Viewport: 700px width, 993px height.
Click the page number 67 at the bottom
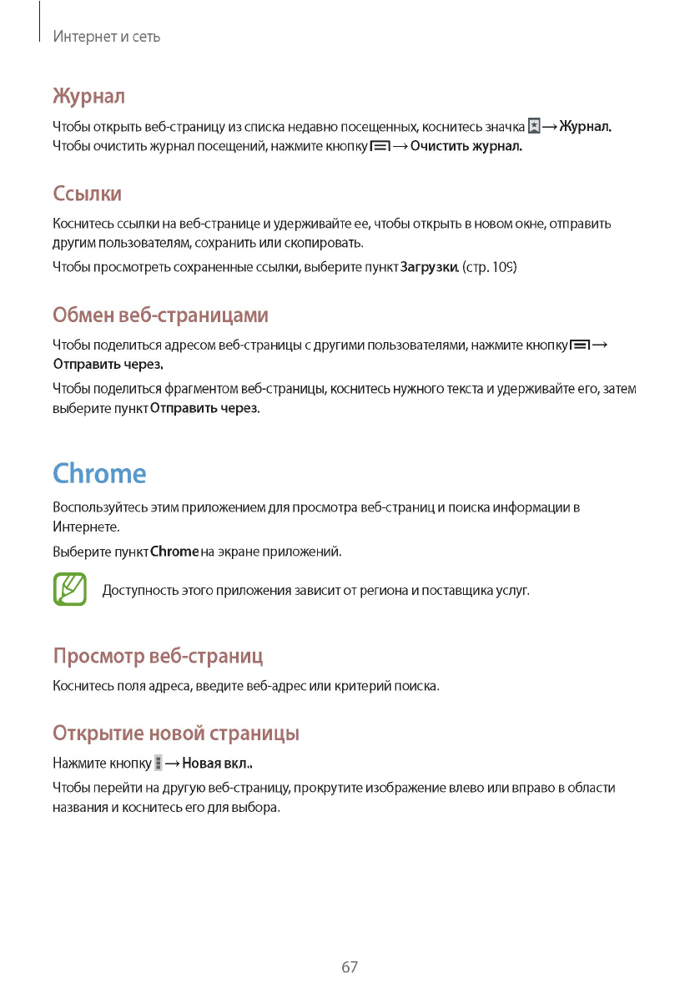click(350, 967)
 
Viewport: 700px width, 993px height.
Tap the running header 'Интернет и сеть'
click(106, 37)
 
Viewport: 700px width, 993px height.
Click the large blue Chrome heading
click(99, 473)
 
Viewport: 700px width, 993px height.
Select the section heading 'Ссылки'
click(88, 194)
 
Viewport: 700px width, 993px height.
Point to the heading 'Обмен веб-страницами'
click(160, 315)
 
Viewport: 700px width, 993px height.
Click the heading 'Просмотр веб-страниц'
click(158, 655)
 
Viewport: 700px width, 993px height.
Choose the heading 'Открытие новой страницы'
click(176, 733)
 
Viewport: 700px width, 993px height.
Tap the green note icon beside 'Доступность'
click(70, 589)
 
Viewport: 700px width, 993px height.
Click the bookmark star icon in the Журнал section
click(534, 127)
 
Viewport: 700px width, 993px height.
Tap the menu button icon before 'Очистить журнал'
click(380, 147)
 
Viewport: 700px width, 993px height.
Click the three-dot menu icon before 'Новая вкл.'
click(159, 763)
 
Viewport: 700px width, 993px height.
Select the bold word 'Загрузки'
click(429, 267)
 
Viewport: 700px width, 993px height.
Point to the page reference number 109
click(502, 267)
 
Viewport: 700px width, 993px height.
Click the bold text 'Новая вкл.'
click(217, 764)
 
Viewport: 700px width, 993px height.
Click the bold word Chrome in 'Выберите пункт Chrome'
click(174, 552)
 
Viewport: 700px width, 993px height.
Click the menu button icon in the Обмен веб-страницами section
click(580, 345)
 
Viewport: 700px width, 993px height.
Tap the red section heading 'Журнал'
click(88, 96)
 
